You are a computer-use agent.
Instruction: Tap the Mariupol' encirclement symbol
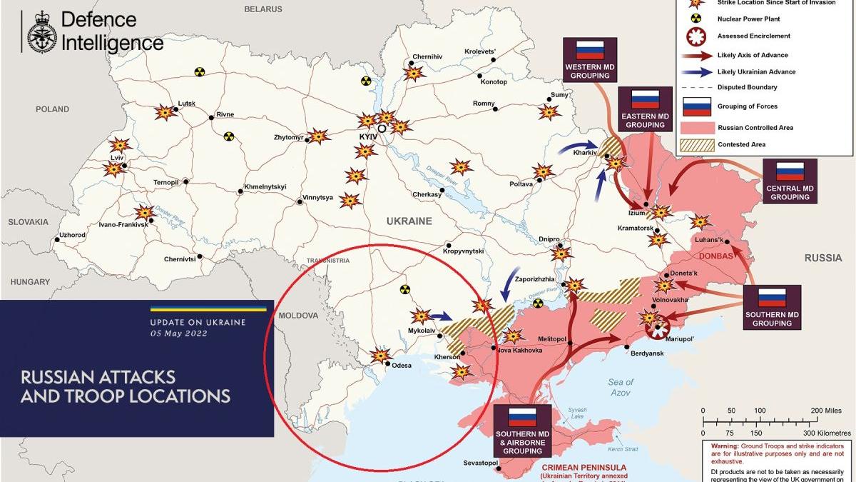[x=658, y=328]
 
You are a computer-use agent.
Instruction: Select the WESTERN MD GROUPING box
[x=590, y=60]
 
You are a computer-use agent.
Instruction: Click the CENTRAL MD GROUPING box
[x=790, y=181]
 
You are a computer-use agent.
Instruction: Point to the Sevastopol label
[x=480, y=463]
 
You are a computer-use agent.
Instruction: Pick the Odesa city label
[x=402, y=365]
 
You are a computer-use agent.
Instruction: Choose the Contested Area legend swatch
[x=697, y=144]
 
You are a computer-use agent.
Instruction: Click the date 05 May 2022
[x=178, y=333]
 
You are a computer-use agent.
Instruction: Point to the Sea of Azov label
[x=621, y=387]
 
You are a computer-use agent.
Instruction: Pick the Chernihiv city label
[x=427, y=57]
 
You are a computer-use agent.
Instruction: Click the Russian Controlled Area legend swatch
[x=697, y=128]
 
